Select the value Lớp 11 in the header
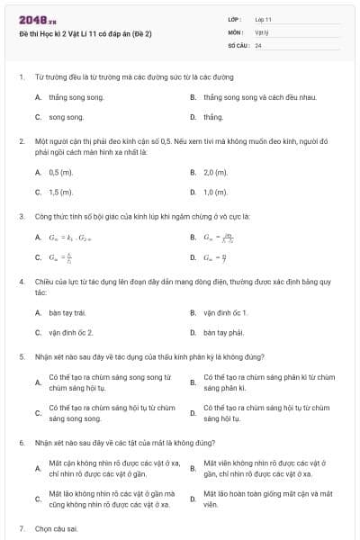tap(264, 19)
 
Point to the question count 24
tap(258, 44)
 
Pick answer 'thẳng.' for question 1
tap(213, 117)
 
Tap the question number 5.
tap(21, 356)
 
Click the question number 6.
tap(21, 443)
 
